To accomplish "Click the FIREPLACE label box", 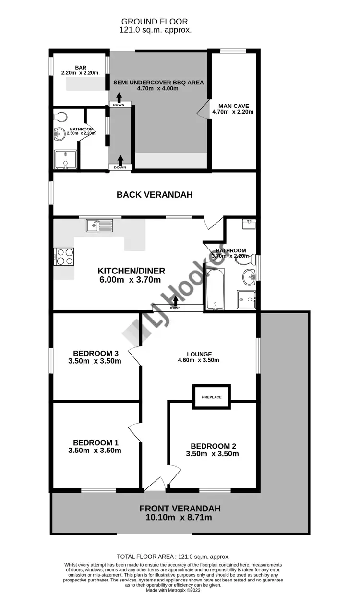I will [x=211, y=397].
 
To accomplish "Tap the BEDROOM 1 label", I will [x=96, y=443].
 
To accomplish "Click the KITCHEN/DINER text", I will [x=130, y=270].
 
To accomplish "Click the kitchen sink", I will [x=99, y=225].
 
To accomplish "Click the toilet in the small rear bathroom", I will [x=60, y=117].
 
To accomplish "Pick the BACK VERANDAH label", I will [x=155, y=195].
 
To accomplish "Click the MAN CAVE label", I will [x=234, y=106].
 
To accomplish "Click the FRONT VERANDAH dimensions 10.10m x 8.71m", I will [x=180, y=518].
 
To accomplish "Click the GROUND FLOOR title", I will [x=155, y=22].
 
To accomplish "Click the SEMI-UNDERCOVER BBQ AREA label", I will [x=158, y=83].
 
